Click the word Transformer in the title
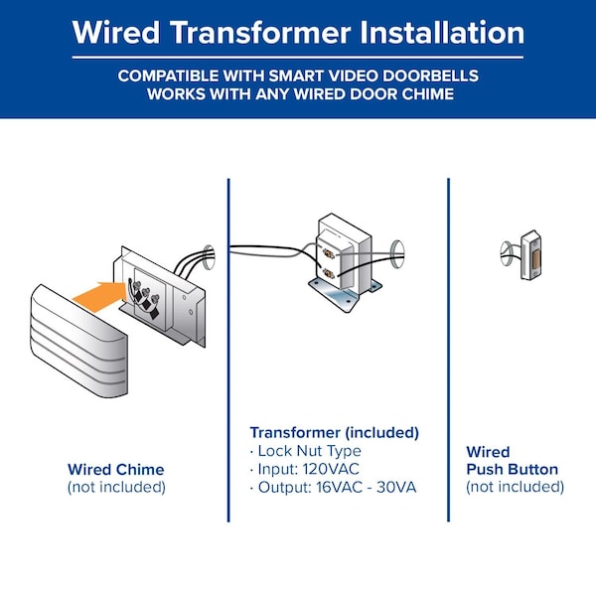[260, 33]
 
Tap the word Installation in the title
[442, 33]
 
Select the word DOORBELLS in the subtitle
[430, 75]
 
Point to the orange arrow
[99, 297]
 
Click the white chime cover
[78, 342]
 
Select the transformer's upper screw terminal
[328, 252]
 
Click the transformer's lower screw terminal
[328, 273]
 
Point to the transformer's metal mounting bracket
[344, 294]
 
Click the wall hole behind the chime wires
[209, 257]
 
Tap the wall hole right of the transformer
[397, 254]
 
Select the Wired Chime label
[116, 470]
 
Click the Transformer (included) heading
[335, 432]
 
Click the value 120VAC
[331, 469]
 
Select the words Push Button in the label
[512, 470]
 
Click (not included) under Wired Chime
[116, 487]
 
